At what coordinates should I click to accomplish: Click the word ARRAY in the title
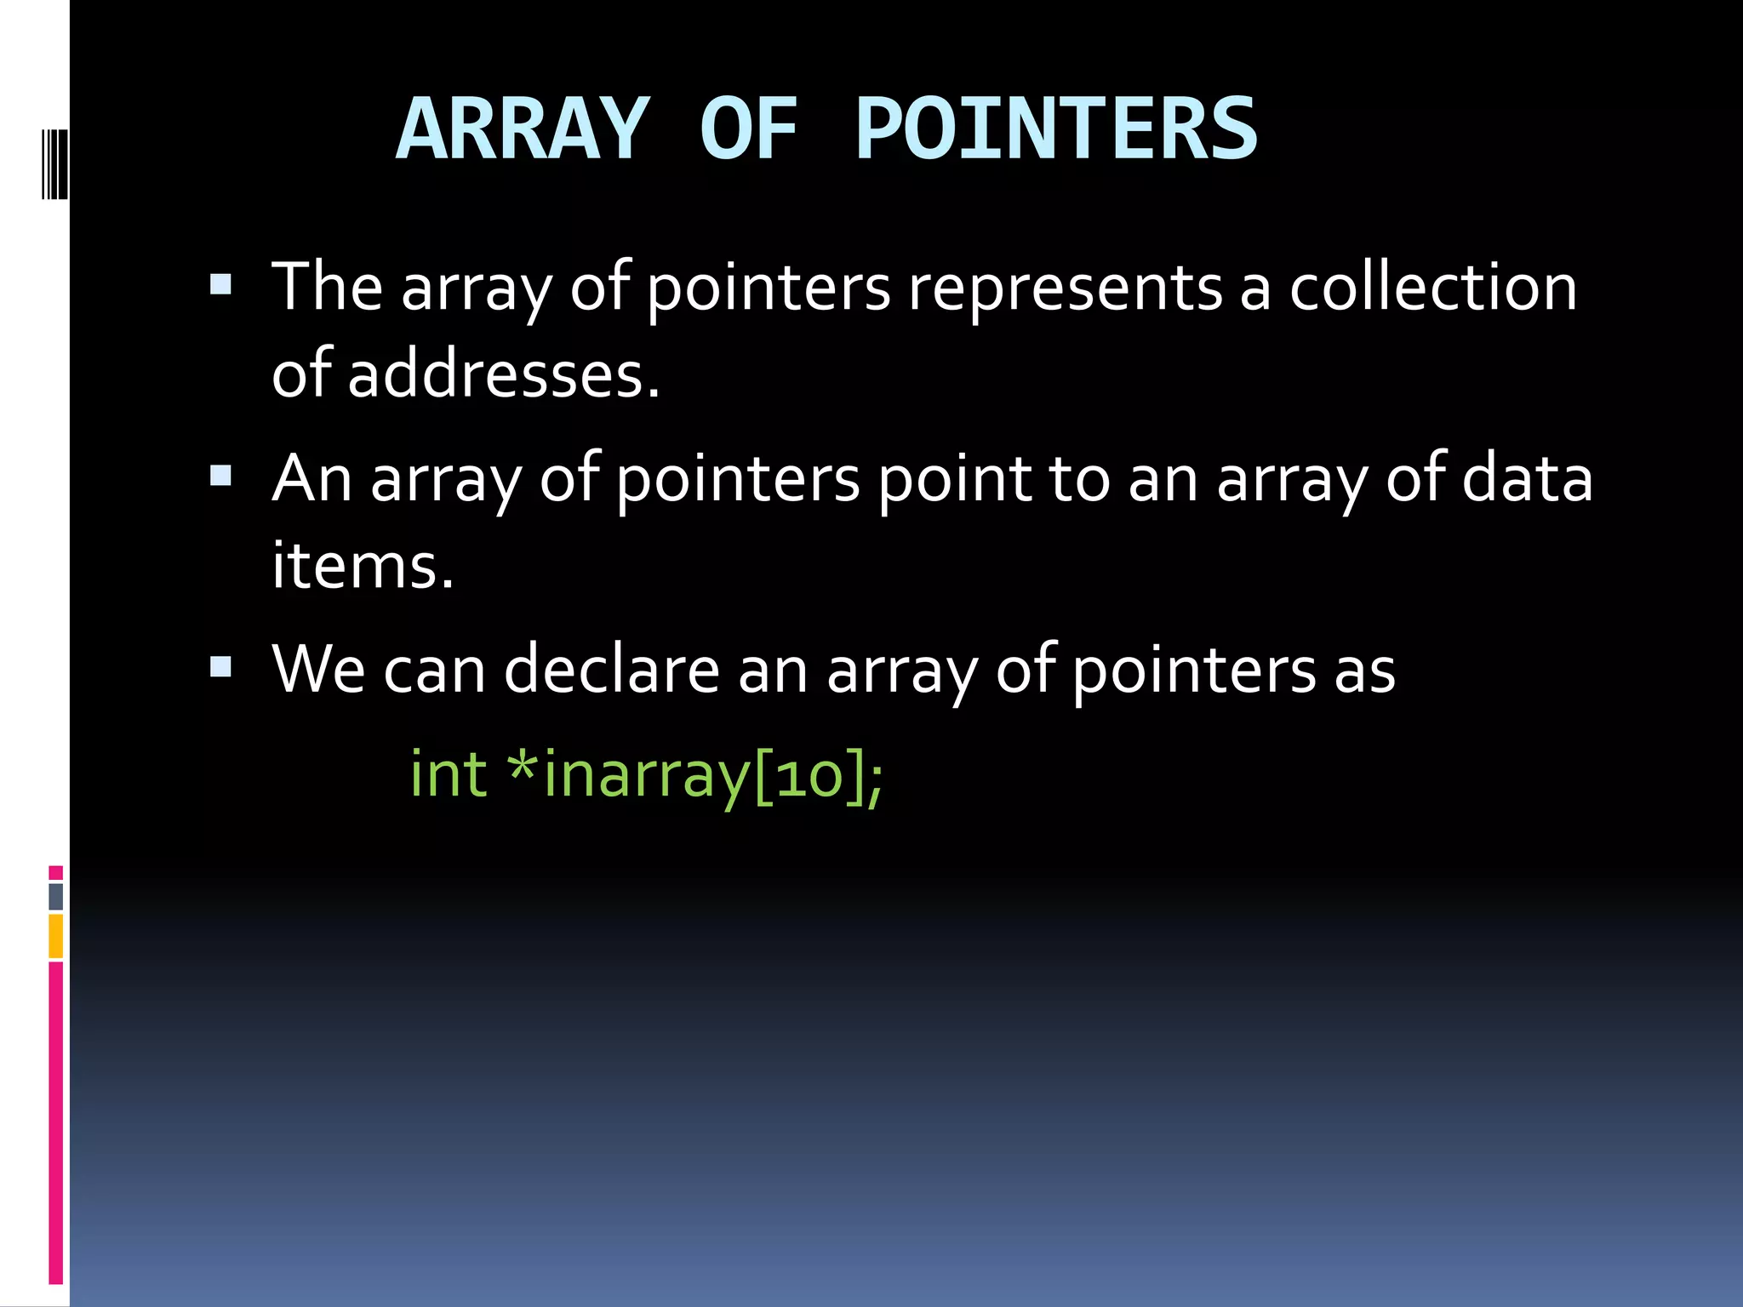[x=523, y=129]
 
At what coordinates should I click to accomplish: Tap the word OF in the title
[x=749, y=129]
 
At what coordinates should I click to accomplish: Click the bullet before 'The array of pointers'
[x=220, y=284]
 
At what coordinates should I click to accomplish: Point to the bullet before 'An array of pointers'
[x=220, y=475]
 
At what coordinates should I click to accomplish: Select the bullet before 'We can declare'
[x=220, y=665]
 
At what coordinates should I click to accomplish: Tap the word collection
[x=1433, y=288]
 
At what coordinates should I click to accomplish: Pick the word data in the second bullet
[x=1527, y=478]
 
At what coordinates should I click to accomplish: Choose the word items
[x=363, y=565]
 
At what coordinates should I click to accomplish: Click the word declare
[x=612, y=671]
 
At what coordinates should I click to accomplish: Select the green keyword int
[x=449, y=774]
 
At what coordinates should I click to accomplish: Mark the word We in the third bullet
[x=318, y=671]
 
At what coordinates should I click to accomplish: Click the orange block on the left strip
[x=55, y=936]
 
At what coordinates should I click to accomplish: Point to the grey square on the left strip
[x=55, y=896]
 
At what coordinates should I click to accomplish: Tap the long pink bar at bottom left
[x=55, y=1123]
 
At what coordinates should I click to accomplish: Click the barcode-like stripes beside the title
[x=54, y=163]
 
